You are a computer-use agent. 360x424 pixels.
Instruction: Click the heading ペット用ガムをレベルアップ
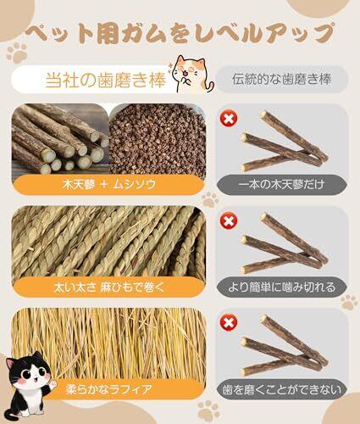[180, 34]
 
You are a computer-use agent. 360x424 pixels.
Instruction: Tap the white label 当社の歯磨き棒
[106, 80]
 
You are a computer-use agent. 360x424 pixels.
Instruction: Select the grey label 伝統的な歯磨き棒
[281, 79]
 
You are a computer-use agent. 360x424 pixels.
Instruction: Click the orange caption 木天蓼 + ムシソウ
[109, 185]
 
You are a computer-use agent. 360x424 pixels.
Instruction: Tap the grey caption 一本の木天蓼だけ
[281, 185]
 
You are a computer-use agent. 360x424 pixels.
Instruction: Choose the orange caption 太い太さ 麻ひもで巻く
[109, 287]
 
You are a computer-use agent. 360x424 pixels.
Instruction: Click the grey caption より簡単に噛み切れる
[281, 287]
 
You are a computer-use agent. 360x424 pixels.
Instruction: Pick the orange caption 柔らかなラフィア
[109, 389]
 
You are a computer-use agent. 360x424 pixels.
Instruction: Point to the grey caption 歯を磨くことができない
[281, 389]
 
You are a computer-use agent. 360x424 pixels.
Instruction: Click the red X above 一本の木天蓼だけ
[229, 118]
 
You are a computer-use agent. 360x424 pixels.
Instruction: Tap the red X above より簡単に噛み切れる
[229, 220]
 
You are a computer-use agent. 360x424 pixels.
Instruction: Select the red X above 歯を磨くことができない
[229, 322]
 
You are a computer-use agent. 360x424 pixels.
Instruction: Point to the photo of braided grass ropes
[108, 243]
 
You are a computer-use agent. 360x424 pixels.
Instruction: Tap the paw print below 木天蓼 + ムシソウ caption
[210, 198]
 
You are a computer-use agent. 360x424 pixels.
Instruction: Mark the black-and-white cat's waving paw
[53, 384]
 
